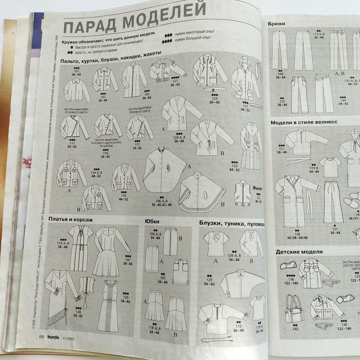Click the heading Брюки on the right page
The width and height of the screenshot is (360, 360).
pos(276,24)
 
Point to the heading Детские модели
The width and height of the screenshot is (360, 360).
pos(299,252)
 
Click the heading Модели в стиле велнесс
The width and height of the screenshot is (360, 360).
pos(304,122)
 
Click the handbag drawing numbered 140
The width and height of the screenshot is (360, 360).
pos(294,309)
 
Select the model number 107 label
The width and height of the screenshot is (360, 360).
pos(127,260)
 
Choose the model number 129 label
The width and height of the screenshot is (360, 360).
pos(209,280)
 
